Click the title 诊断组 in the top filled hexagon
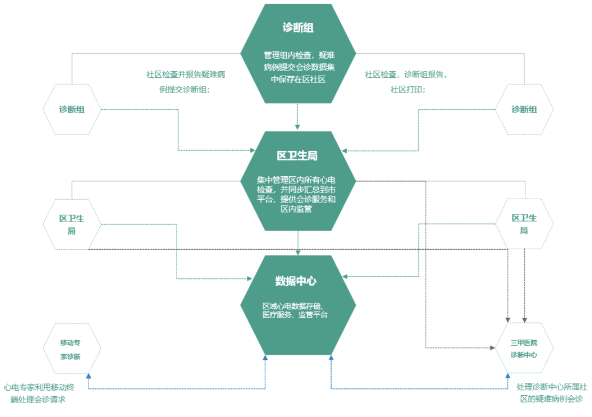[x=298, y=28]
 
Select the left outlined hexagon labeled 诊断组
[x=72, y=109]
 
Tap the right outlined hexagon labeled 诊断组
[x=524, y=109]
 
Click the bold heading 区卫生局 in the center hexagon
[x=297, y=156]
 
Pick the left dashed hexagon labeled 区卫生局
[x=72, y=224]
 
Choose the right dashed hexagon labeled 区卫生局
[x=524, y=224]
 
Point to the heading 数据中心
[x=296, y=281]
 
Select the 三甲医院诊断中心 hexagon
[x=524, y=348]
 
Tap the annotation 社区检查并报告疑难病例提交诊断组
[x=186, y=82]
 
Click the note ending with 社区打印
[x=406, y=82]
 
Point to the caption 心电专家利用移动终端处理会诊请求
[x=39, y=393]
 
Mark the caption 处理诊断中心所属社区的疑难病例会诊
[x=551, y=393]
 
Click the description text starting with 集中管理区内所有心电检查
[x=297, y=194]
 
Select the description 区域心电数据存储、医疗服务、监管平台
[x=295, y=310]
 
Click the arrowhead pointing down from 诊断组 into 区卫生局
[x=298, y=127]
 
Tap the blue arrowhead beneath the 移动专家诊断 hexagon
[x=89, y=376]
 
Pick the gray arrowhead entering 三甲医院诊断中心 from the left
[x=492, y=348]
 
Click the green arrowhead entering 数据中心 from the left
[x=249, y=279]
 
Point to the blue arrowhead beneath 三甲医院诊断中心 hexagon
[x=508, y=376]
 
